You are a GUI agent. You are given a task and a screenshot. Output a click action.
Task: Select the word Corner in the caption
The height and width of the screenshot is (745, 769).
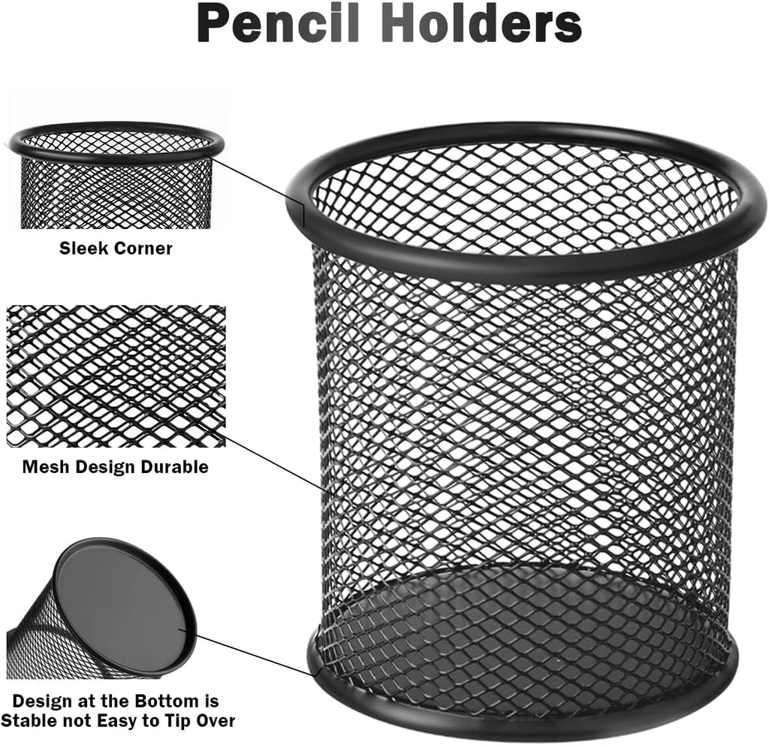(143, 248)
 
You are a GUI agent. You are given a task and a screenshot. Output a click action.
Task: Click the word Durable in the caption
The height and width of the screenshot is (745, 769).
(174, 466)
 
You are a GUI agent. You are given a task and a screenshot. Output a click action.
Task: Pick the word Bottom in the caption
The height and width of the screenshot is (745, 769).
(166, 701)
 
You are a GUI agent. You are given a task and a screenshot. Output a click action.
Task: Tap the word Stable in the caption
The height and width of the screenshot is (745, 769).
(29, 720)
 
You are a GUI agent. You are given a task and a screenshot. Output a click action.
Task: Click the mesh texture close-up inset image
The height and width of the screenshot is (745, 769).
(116, 376)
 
